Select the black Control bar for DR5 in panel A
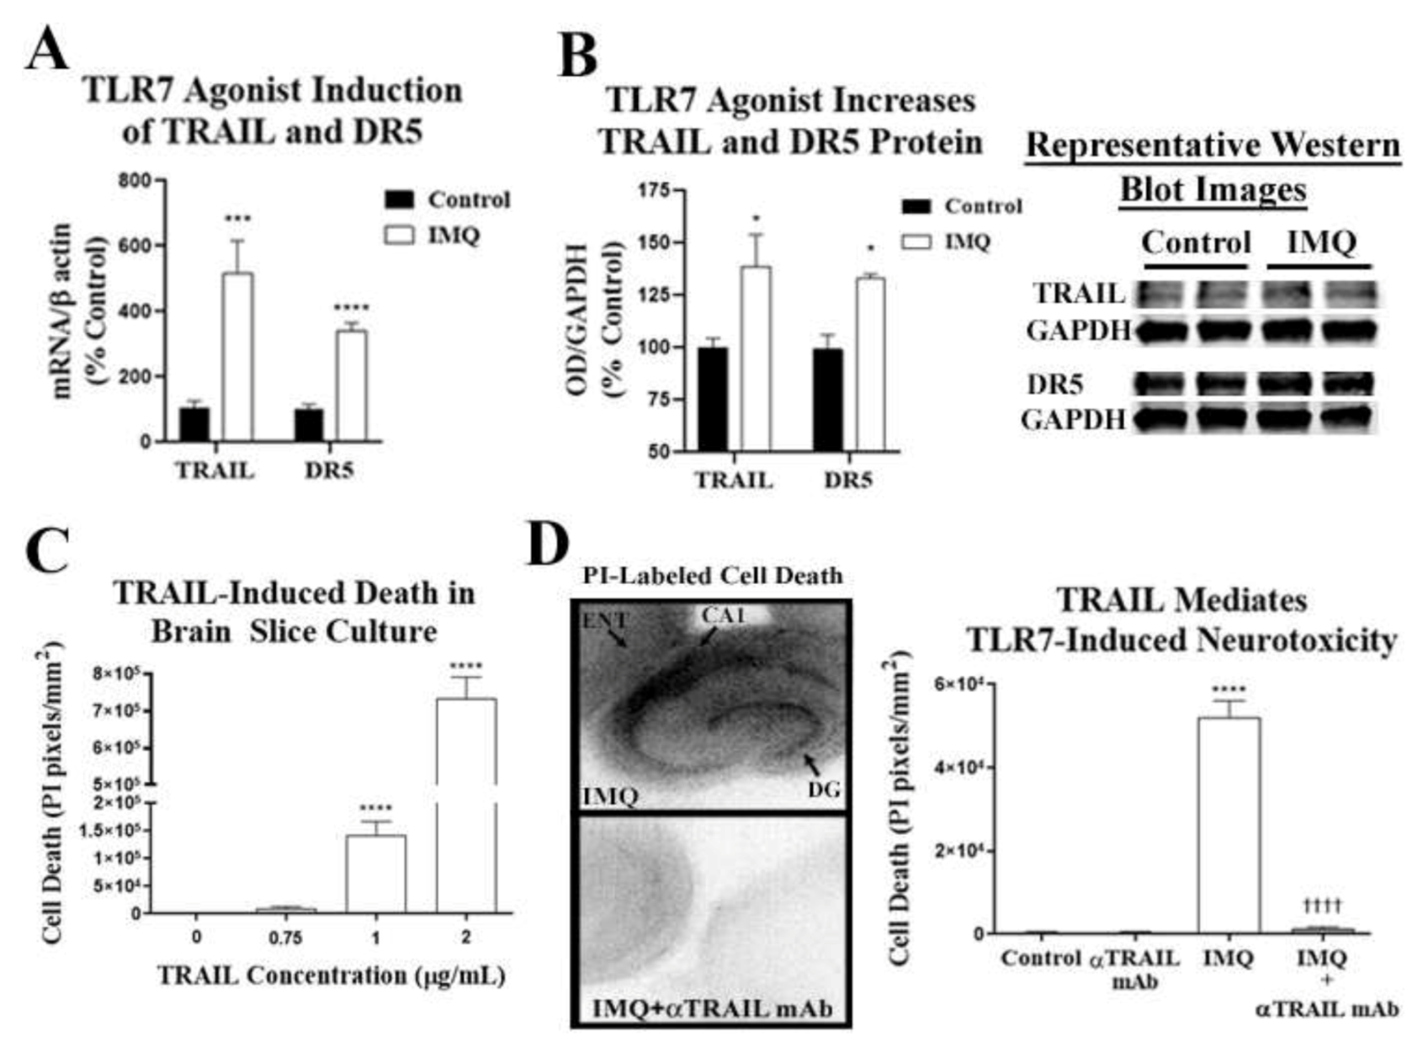click(309, 424)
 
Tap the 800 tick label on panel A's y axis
click(135, 181)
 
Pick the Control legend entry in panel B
click(982, 206)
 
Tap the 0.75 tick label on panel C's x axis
click(285, 938)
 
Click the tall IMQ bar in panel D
click(1229, 825)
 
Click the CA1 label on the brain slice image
click(724, 616)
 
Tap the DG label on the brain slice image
click(824, 789)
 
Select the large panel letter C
click(50, 550)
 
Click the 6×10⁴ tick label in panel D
click(957, 685)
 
